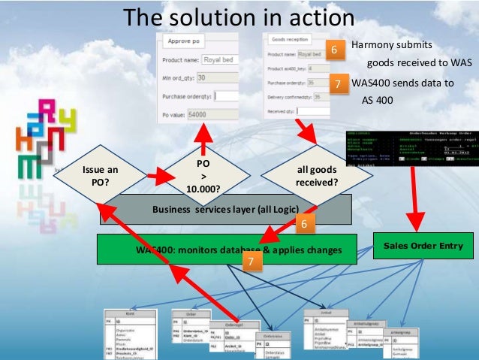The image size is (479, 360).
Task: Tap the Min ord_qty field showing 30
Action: pyautogui.click(x=212, y=77)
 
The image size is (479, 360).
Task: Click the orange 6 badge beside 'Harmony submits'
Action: pyautogui.click(x=335, y=50)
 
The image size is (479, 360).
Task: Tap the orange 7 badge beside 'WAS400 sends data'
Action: pyautogui.click(x=339, y=84)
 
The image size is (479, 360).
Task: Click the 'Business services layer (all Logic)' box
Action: pyautogui.click(x=225, y=209)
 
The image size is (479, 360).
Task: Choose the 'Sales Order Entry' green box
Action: pyautogui.click(x=423, y=245)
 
